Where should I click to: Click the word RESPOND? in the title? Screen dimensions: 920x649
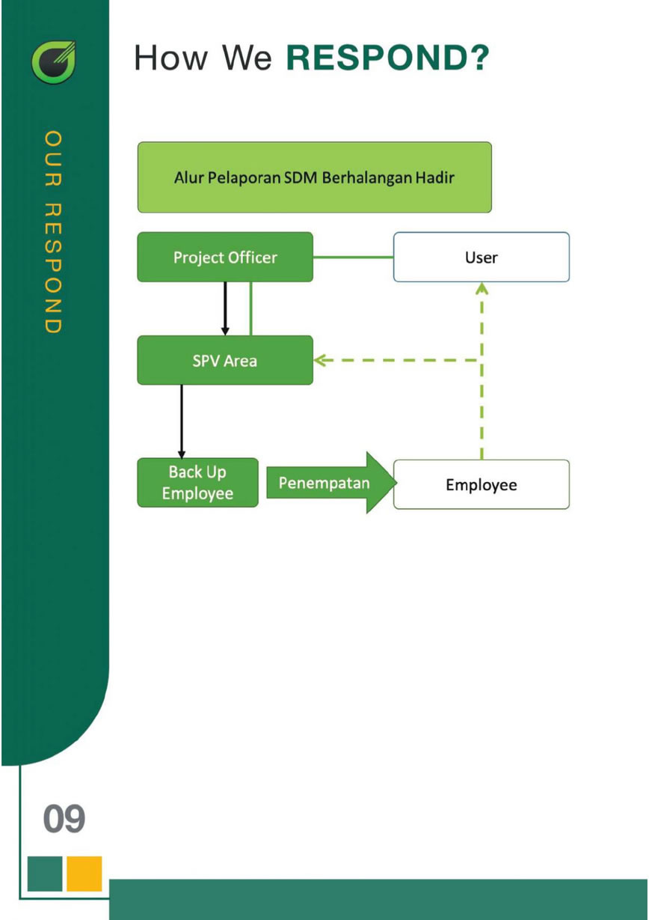pyautogui.click(x=387, y=58)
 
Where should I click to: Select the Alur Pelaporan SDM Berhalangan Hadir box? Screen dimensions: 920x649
pyautogui.click(x=314, y=177)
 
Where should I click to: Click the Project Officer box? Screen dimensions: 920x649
pyautogui.click(x=224, y=258)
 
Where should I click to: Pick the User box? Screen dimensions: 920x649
pyautogui.click(x=481, y=258)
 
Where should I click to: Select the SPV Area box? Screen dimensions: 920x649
pyautogui.click(x=224, y=360)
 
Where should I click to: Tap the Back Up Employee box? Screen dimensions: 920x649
pyautogui.click(x=197, y=483)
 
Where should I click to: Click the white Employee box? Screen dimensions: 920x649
pyautogui.click(x=481, y=484)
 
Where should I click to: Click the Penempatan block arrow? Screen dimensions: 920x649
pyautogui.click(x=329, y=483)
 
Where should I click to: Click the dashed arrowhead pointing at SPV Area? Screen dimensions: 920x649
pyautogui.click(x=322, y=360)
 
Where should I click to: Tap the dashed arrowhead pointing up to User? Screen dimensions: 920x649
pyautogui.click(x=482, y=288)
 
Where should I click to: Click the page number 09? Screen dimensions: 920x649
pyautogui.click(x=64, y=819)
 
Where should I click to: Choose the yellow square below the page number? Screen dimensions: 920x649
pyautogui.click(x=84, y=874)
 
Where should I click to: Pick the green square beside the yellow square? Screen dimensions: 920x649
pyautogui.click(x=45, y=874)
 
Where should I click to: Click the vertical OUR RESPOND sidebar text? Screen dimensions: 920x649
pyautogui.click(x=53, y=232)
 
